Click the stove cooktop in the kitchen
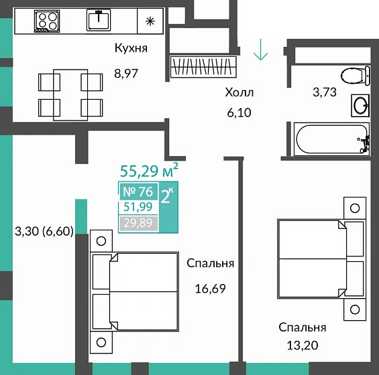(x=47, y=21)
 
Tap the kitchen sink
(x=99, y=20)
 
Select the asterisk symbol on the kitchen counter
(x=150, y=21)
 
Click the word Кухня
(x=131, y=48)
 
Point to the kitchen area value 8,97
(x=126, y=74)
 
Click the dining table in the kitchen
(x=70, y=95)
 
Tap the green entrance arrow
(x=260, y=50)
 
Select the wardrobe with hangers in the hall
(x=203, y=67)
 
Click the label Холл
(x=239, y=92)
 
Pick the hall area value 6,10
(x=239, y=112)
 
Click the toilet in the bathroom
(x=356, y=76)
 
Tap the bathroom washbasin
(x=360, y=105)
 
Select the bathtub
(x=331, y=139)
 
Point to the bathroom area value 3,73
(x=325, y=92)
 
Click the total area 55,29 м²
(x=149, y=170)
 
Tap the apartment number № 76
(x=138, y=192)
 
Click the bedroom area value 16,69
(x=210, y=289)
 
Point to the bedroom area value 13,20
(x=303, y=346)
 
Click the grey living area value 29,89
(x=138, y=223)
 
